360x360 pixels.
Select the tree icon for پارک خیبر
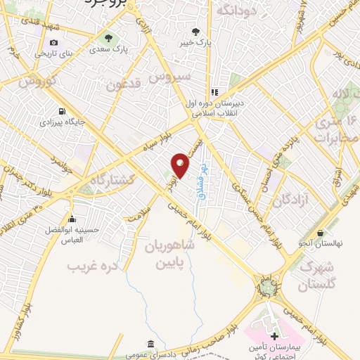click(x=195, y=32)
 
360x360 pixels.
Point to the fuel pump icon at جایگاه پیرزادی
click(x=63, y=111)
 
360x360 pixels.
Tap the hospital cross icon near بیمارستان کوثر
click(x=274, y=337)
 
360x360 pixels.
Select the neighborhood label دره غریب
click(x=91, y=266)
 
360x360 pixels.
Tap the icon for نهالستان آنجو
click(x=321, y=233)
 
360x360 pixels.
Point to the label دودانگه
click(x=235, y=11)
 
